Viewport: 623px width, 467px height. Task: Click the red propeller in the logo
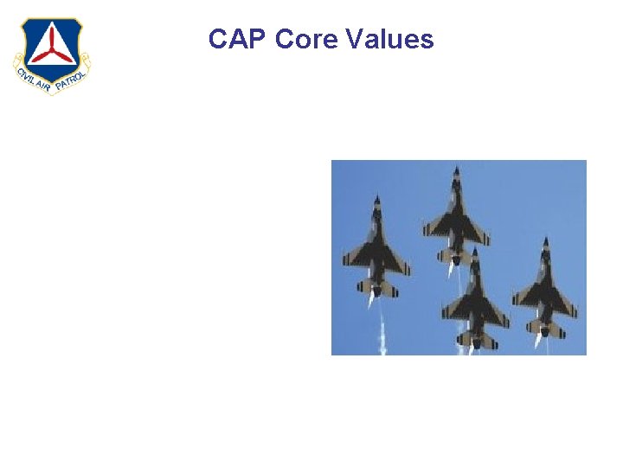pyautogui.click(x=49, y=44)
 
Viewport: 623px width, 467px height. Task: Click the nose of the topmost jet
pyautogui.click(x=456, y=170)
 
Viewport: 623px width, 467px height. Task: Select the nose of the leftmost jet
pyautogui.click(x=376, y=200)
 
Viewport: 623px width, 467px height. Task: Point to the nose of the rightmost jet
pyautogui.click(x=546, y=241)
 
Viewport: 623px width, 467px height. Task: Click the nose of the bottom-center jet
pyautogui.click(x=473, y=252)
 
